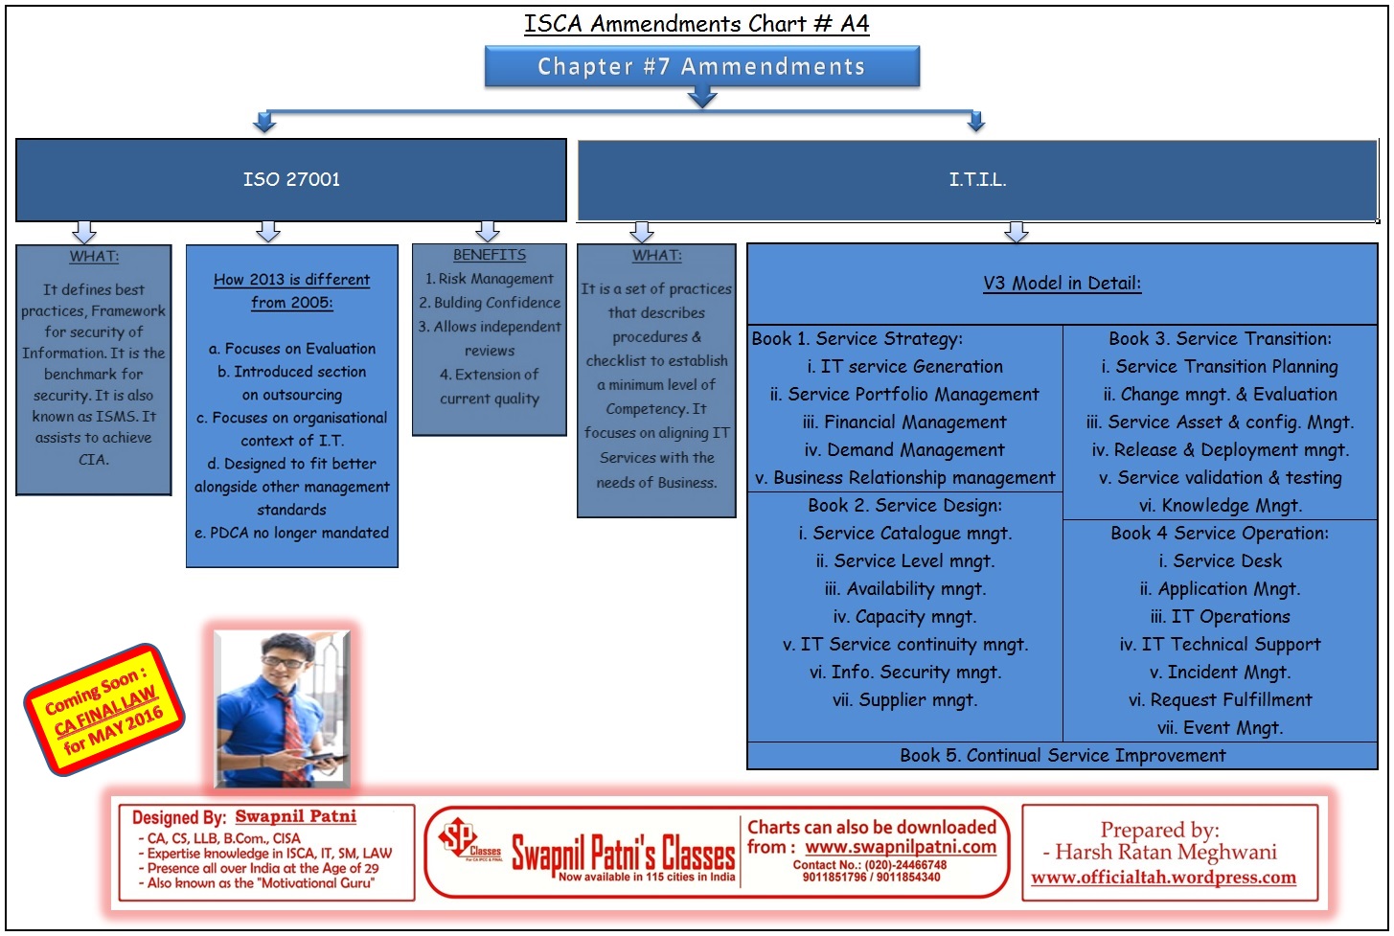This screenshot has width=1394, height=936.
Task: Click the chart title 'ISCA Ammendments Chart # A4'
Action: point(697,23)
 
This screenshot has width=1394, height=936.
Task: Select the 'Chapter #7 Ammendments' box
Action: point(701,66)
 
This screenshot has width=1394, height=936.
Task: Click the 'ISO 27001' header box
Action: point(291,179)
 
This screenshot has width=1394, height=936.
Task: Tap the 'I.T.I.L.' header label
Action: point(977,179)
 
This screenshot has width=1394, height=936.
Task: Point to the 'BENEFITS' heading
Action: point(490,255)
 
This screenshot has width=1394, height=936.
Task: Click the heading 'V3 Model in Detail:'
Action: point(1062,283)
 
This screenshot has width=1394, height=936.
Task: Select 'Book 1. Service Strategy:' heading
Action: point(857,338)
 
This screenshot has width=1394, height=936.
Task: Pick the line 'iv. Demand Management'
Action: point(904,449)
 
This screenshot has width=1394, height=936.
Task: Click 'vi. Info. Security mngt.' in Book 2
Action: point(904,672)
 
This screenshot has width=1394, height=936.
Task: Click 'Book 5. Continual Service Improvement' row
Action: point(1062,755)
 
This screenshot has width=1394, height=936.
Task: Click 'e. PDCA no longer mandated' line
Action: point(291,533)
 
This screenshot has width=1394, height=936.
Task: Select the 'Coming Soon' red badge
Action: point(103,709)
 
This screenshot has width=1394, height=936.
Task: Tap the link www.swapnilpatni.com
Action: point(900,847)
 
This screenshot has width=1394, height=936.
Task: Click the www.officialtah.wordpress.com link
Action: point(1163,878)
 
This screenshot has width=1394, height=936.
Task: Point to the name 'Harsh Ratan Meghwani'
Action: point(1165,852)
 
